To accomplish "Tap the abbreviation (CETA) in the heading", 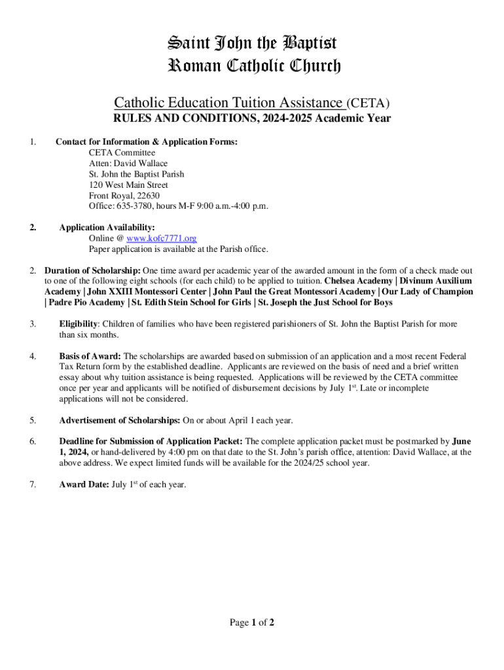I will coord(368,103).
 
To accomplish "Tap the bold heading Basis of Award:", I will coord(90,357).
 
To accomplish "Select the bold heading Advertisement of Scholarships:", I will coord(120,420).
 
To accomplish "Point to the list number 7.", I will coord(33,485).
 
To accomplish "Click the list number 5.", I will coord(33,420).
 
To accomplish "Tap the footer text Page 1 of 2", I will coord(252,622).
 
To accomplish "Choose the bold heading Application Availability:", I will coord(107,228).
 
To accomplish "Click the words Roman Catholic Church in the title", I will coord(255,66).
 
